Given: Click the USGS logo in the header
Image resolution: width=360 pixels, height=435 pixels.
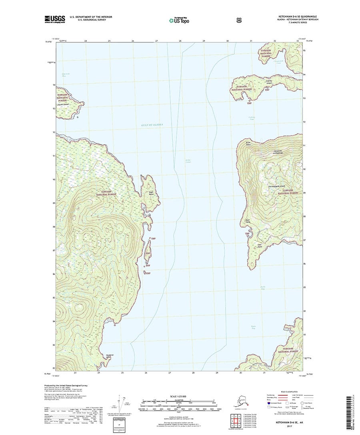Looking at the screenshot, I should point(55,18).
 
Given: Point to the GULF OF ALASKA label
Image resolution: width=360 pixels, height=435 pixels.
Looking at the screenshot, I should point(152,125).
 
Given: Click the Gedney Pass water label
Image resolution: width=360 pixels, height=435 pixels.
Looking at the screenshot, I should point(251,118).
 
